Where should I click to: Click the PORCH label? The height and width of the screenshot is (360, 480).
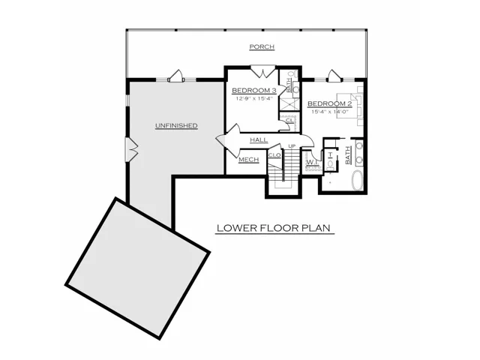(262, 46)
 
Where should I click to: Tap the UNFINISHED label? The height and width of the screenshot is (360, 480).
(176, 125)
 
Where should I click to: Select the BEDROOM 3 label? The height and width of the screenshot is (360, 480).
(254, 91)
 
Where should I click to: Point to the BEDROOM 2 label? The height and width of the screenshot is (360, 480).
(330, 103)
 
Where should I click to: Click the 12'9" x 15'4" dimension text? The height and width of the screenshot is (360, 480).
(254, 98)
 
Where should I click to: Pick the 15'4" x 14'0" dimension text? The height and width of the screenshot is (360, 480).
(330, 112)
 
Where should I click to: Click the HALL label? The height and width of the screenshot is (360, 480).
(259, 140)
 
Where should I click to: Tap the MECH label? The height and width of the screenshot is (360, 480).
(248, 160)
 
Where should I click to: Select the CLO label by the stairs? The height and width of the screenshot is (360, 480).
(274, 155)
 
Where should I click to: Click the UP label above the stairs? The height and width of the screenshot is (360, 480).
(292, 146)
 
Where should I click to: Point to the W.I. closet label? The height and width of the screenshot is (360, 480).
(312, 161)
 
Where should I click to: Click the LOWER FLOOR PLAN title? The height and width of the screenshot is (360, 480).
(274, 228)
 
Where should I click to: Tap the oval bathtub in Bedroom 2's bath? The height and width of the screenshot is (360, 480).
(357, 180)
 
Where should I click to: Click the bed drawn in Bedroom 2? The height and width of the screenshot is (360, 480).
(349, 105)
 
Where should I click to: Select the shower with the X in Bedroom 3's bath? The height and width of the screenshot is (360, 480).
(289, 103)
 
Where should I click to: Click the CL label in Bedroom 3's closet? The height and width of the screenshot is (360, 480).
(289, 121)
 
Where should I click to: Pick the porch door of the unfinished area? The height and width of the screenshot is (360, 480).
(175, 76)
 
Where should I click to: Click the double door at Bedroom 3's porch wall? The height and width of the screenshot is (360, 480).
(263, 70)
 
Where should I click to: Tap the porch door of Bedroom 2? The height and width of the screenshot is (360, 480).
(333, 76)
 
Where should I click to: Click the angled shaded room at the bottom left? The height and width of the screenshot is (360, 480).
(137, 268)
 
